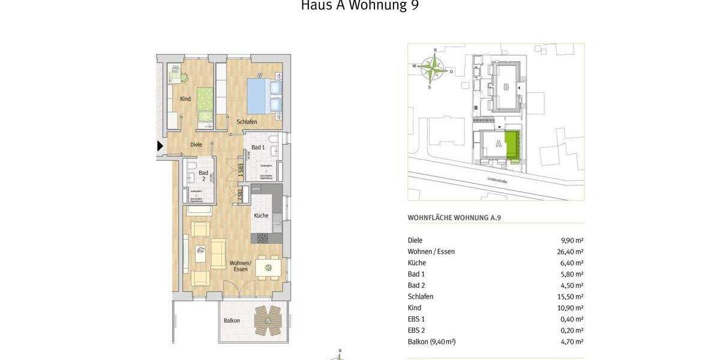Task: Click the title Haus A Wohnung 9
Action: [x=359, y=6]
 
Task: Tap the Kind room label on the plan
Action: [x=185, y=99]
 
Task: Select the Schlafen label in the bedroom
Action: [x=247, y=122]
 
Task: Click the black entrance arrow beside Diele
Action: [x=160, y=145]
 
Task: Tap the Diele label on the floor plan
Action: [x=196, y=145]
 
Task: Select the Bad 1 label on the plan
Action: [x=258, y=147]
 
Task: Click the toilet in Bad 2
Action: [x=190, y=166]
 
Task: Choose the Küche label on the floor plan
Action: [x=260, y=215]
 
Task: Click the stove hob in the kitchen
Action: [x=263, y=238]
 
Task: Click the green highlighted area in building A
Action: [x=512, y=146]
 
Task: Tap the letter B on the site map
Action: [x=506, y=87]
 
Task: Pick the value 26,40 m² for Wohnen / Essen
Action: [x=570, y=252]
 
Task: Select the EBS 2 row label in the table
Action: [x=416, y=330]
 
